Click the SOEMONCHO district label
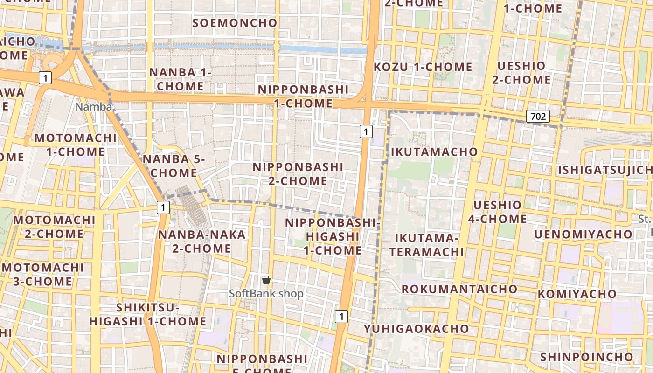tap(235, 23)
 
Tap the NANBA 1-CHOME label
tap(181, 79)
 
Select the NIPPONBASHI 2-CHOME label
tap(298, 173)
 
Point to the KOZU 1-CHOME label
tap(423, 67)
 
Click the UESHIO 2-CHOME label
tap(521, 72)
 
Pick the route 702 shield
tap(538, 116)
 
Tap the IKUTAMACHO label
tap(434, 152)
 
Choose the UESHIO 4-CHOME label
tap(498, 212)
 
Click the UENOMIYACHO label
tap(583, 234)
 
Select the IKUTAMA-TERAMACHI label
tap(427, 245)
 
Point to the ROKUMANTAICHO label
tap(459, 289)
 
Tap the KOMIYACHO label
tap(577, 294)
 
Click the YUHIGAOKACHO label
tap(417, 328)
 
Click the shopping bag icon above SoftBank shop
tap(266, 280)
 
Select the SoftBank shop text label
tap(266, 294)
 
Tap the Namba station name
tap(93, 107)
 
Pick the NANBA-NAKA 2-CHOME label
tap(201, 241)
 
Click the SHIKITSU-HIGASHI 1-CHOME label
tap(148, 314)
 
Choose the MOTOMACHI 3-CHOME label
tap(43, 274)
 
